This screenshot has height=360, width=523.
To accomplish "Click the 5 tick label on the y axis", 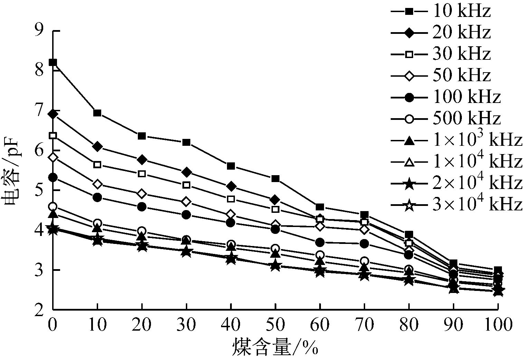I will click(40, 190).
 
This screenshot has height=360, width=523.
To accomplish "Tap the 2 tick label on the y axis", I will click(40, 310).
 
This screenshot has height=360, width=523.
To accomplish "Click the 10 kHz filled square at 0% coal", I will click(53, 63).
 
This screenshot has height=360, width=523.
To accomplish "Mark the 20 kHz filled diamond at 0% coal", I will click(53, 114).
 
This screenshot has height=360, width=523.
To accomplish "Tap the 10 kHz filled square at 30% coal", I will click(187, 142).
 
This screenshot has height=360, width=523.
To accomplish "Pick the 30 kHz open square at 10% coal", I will click(97, 164).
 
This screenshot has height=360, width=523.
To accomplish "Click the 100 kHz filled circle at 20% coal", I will click(142, 207).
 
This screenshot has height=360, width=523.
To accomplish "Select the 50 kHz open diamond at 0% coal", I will click(53, 158).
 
